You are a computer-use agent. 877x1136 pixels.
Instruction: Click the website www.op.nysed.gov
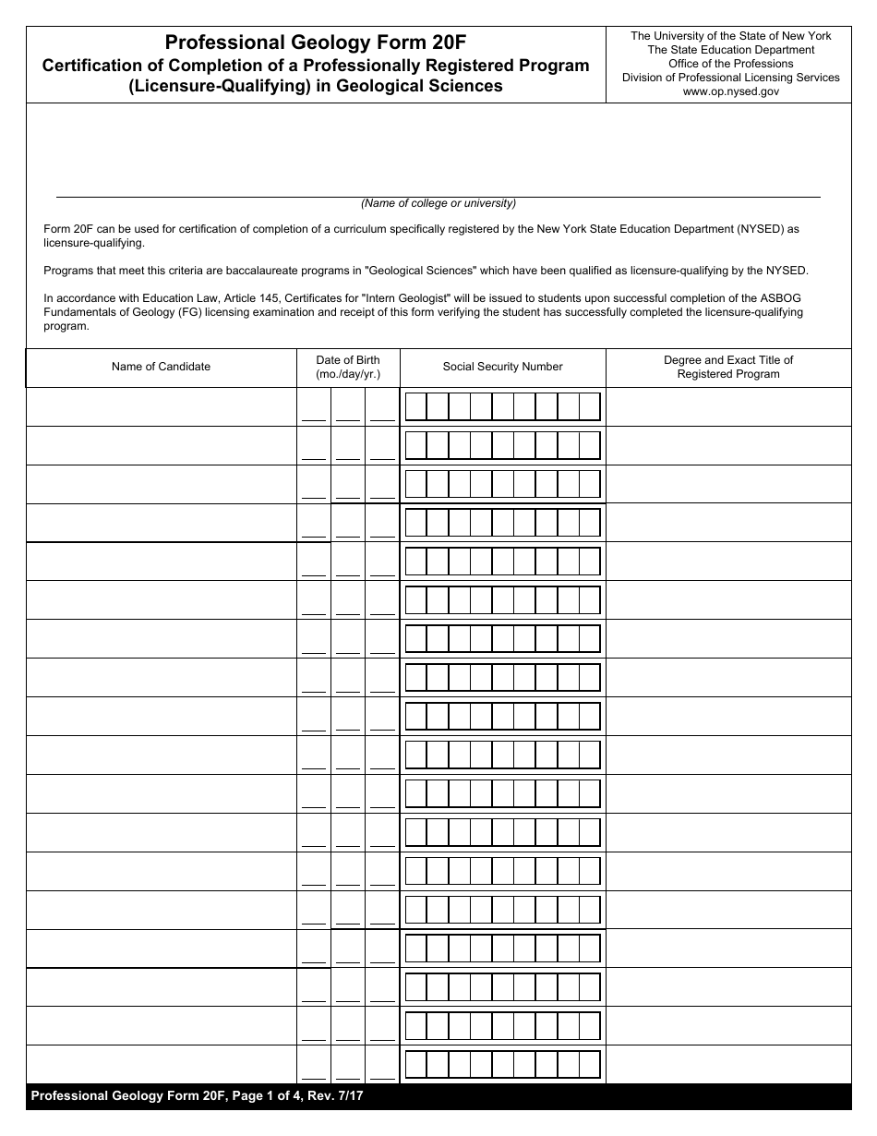click(x=730, y=91)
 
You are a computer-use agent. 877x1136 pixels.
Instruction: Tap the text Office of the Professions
click(x=730, y=64)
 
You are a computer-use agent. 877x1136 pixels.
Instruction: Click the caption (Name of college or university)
click(x=438, y=203)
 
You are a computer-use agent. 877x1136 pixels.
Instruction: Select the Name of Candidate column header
click(x=161, y=367)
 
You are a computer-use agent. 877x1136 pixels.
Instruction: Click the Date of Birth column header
click(x=347, y=367)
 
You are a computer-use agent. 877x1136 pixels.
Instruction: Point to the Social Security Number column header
click(x=502, y=367)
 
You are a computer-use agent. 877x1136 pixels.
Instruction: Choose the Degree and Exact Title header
click(x=727, y=367)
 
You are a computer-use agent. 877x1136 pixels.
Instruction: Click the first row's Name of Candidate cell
click(x=161, y=406)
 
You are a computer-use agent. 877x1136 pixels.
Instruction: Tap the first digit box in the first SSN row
click(x=415, y=406)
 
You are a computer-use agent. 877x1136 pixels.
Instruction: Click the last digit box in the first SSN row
click(x=590, y=406)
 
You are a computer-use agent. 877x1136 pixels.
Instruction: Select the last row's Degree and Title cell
click(x=727, y=1064)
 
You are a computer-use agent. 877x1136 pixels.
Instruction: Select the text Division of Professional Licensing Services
click(x=730, y=78)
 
